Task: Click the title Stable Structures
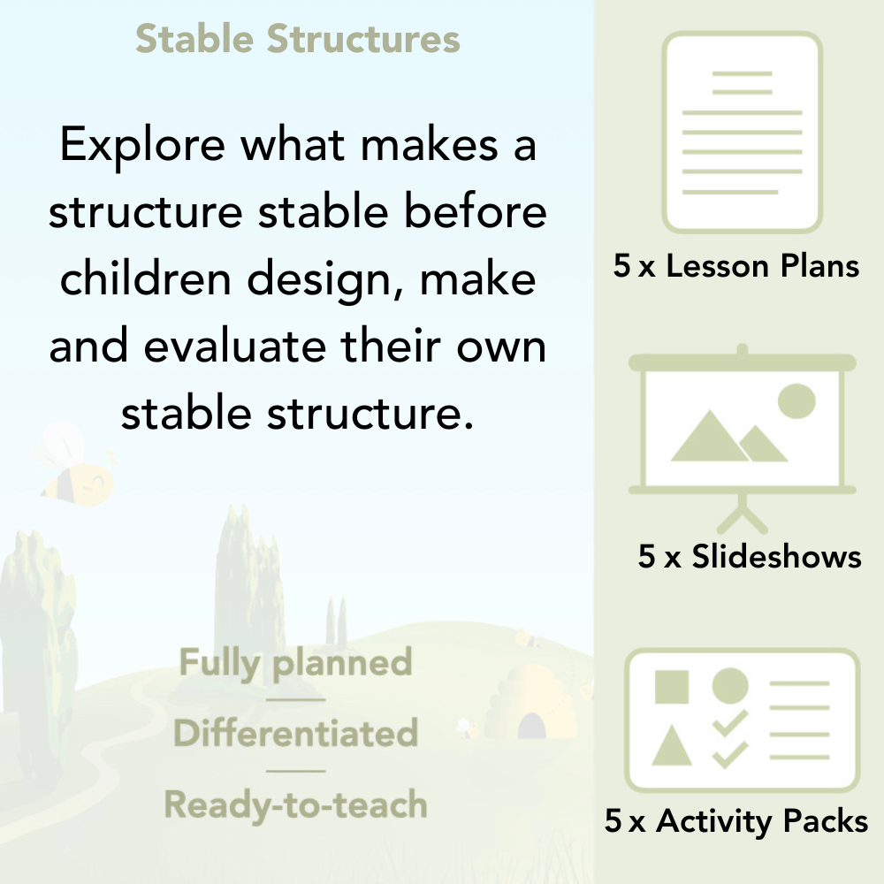click(x=297, y=40)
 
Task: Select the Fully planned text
click(x=295, y=663)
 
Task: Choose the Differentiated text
click(x=295, y=734)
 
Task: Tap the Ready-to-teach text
click(x=295, y=804)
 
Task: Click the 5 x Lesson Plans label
click(x=736, y=266)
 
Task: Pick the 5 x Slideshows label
click(x=749, y=556)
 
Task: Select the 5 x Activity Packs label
click(x=736, y=822)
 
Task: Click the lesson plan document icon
click(x=743, y=133)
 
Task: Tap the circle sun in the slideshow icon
click(x=796, y=400)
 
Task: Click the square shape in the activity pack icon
click(x=672, y=686)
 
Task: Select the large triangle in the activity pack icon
click(x=671, y=747)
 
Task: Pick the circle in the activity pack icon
click(x=730, y=686)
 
